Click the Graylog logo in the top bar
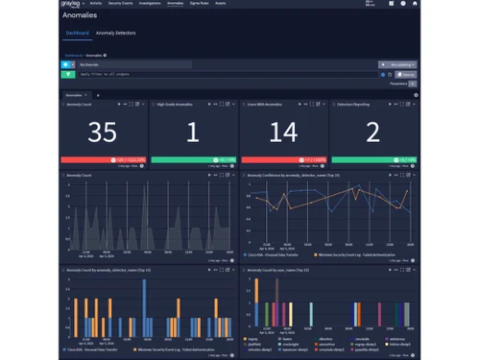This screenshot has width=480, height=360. [x=70, y=4]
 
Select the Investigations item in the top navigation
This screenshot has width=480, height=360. [x=149, y=4]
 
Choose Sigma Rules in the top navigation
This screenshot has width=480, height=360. [x=201, y=4]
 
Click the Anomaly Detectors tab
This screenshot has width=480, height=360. [x=116, y=33]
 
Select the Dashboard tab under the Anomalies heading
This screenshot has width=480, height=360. [x=77, y=33]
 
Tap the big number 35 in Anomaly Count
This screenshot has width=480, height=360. [x=102, y=133]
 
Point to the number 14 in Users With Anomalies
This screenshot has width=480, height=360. [x=282, y=133]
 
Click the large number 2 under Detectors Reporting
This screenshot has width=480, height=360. [x=372, y=133]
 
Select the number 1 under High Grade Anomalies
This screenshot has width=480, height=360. [x=192, y=133]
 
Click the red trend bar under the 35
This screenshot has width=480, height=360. [x=102, y=159]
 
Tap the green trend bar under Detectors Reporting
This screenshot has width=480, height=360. [x=372, y=159]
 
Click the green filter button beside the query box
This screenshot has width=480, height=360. [x=68, y=74]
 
